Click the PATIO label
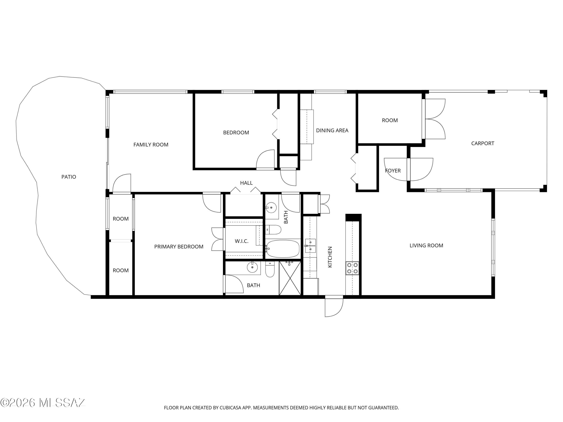[x=69, y=177]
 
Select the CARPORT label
[x=482, y=143]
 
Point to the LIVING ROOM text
[x=426, y=246]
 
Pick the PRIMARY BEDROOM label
[x=179, y=246]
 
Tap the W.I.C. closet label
[x=242, y=241]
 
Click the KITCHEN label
[x=330, y=257]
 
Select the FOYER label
[x=393, y=171]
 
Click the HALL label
[x=246, y=183]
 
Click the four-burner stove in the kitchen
[x=352, y=268]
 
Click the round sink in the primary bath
[x=252, y=267]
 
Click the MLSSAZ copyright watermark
[x=43, y=403]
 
